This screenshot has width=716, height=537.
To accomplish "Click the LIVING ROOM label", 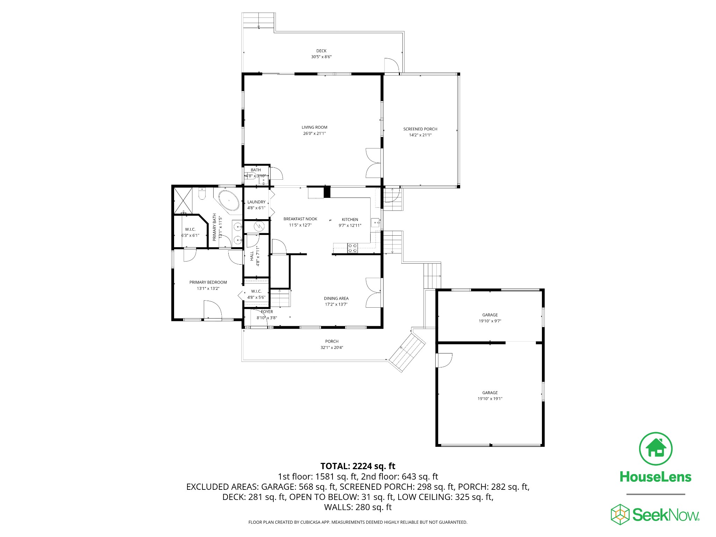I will click(x=314, y=127).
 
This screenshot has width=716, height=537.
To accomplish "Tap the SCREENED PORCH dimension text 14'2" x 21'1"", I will click(x=420, y=135).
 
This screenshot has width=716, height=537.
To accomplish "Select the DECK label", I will click(x=321, y=51).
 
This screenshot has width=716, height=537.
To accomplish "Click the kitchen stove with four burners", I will click(x=352, y=248).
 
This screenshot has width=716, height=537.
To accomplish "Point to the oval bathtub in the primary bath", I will click(x=229, y=201).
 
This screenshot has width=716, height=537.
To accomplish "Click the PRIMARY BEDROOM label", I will click(x=208, y=282).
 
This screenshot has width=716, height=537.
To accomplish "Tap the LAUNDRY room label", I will click(x=256, y=202).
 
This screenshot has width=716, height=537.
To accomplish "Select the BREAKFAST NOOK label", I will click(x=300, y=219).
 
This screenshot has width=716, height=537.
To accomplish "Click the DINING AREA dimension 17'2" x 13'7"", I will click(x=336, y=305).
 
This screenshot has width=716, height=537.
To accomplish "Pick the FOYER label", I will click(x=267, y=312).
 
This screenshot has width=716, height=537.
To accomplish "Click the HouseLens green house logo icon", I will click(x=656, y=449).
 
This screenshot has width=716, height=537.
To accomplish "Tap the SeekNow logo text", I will click(x=666, y=515).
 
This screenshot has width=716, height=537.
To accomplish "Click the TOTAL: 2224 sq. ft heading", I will click(x=358, y=466).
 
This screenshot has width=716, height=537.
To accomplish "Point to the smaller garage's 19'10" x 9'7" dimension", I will click(x=490, y=321).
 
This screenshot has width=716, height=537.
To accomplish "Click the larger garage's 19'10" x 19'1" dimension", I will click(x=490, y=399).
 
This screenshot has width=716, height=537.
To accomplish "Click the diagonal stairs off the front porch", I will click(x=408, y=353).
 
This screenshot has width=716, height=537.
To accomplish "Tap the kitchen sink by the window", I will click(x=375, y=222).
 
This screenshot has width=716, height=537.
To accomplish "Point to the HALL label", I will click(x=252, y=256).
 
